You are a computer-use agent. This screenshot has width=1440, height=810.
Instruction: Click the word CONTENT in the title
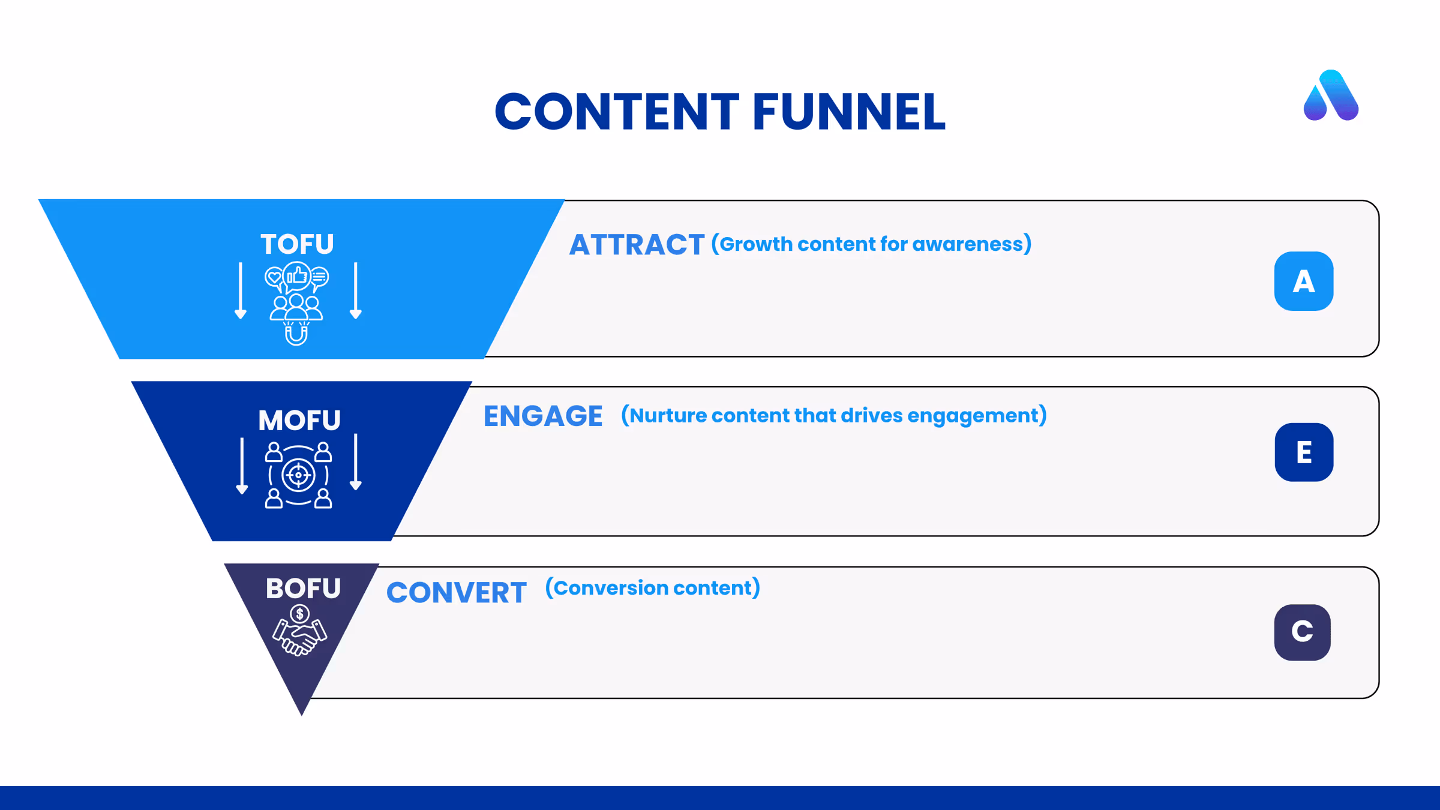(617, 112)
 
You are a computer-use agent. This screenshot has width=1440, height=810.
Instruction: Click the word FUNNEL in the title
(849, 112)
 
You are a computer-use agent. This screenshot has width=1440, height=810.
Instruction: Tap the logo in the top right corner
(1331, 95)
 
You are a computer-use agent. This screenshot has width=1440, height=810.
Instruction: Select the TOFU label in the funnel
(297, 244)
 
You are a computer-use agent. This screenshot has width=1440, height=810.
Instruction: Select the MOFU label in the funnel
(299, 420)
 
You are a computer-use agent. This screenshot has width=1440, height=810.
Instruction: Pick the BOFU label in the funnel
(303, 588)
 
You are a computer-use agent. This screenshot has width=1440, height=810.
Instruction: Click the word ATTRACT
(637, 245)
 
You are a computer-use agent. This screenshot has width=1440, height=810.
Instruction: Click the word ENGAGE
(543, 416)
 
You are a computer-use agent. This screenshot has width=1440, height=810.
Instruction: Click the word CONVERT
(457, 593)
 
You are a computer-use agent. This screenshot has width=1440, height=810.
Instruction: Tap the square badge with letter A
(1304, 281)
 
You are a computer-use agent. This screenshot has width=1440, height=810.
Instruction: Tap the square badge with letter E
(1304, 452)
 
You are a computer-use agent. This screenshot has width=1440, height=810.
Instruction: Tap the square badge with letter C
(1303, 632)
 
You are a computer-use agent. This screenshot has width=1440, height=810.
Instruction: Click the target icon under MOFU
(298, 475)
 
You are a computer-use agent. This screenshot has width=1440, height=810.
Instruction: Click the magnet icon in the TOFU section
(296, 334)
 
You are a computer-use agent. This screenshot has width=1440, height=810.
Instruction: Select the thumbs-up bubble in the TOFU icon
(297, 276)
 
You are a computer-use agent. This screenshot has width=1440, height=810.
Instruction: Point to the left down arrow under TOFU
(241, 290)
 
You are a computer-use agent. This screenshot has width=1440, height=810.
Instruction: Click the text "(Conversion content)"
(653, 587)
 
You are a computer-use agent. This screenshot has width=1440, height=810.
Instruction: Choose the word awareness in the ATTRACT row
(972, 244)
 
